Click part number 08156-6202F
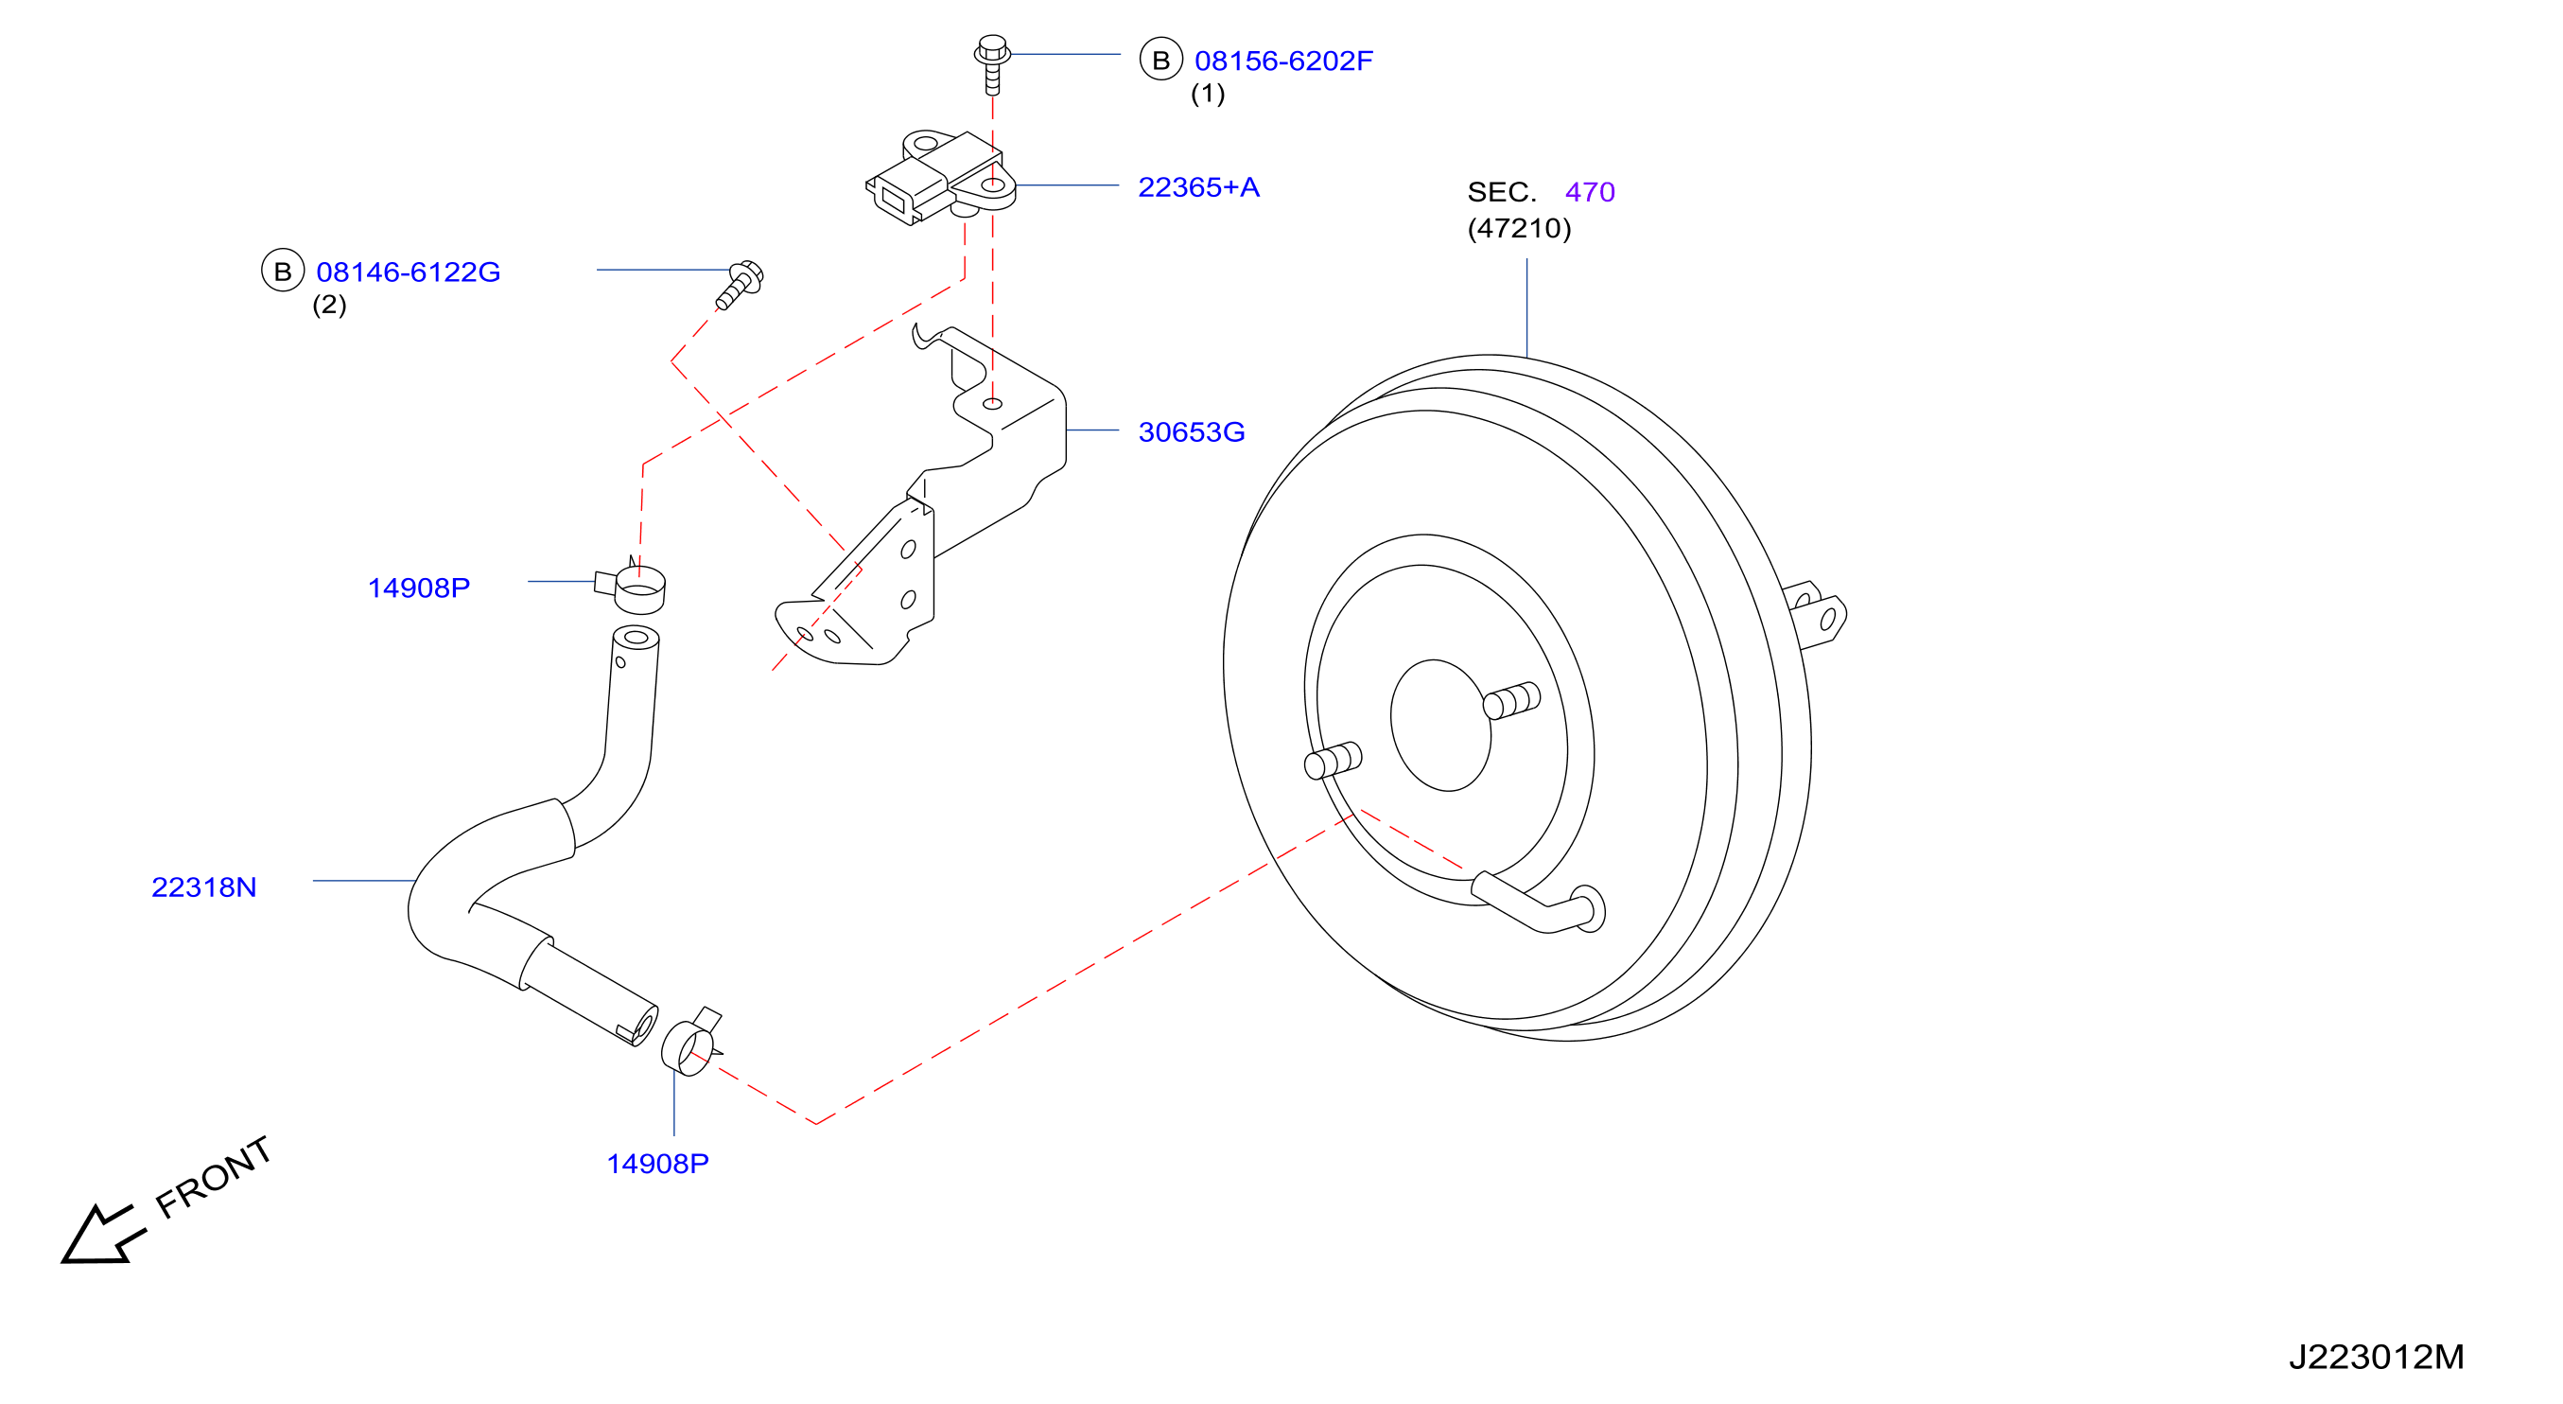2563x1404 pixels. (1282, 61)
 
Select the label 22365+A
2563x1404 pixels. (1198, 187)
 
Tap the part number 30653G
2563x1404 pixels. (1191, 431)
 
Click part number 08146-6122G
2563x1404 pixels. (408, 272)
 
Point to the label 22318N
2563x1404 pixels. (204, 886)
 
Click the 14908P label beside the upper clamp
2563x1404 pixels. (419, 588)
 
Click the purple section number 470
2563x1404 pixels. (1590, 192)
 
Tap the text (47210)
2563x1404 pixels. (1519, 228)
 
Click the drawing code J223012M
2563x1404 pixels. (2376, 1357)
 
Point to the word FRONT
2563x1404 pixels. (214, 1177)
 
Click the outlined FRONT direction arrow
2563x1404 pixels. (101, 1235)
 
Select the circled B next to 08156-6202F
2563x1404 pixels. (1161, 60)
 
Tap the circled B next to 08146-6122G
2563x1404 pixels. (283, 271)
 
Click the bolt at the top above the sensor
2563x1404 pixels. (992, 63)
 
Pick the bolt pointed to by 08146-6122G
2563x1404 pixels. (741, 285)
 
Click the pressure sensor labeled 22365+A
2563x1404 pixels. (940, 177)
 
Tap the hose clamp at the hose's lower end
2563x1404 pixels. (691, 1043)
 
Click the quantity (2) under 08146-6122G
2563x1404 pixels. (329, 305)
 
